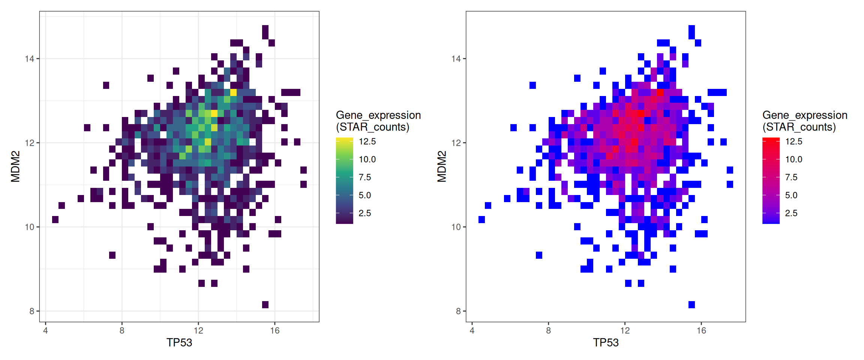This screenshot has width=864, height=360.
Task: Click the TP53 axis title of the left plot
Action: coord(179,342)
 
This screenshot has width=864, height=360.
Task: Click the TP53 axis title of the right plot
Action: coord(606,342)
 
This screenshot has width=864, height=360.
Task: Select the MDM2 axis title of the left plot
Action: coord(15,166)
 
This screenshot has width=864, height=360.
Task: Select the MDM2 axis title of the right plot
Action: coord(442,166)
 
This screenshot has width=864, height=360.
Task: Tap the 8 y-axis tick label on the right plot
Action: coord(458,311)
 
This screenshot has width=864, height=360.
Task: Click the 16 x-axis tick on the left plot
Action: coord(275,330)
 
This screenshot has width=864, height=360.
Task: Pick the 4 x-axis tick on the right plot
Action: coord(472,330)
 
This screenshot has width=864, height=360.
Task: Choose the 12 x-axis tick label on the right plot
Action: coord(625,330)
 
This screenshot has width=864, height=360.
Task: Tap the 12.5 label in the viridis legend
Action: coord(367,141)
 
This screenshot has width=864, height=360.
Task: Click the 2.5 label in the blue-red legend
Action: coord(791,213)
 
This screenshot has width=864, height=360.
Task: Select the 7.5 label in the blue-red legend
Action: coord(791,177)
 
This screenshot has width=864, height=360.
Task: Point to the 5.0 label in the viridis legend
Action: coord(364,195)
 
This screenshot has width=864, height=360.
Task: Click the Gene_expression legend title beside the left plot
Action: coord(378,115)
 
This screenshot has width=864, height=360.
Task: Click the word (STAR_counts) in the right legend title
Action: coord(799,127)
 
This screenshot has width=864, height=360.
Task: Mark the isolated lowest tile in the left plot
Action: coord(265,304)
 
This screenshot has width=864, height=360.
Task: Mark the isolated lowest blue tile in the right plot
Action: coord(691,304)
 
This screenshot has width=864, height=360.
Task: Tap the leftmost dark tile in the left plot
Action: coord(55,219)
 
